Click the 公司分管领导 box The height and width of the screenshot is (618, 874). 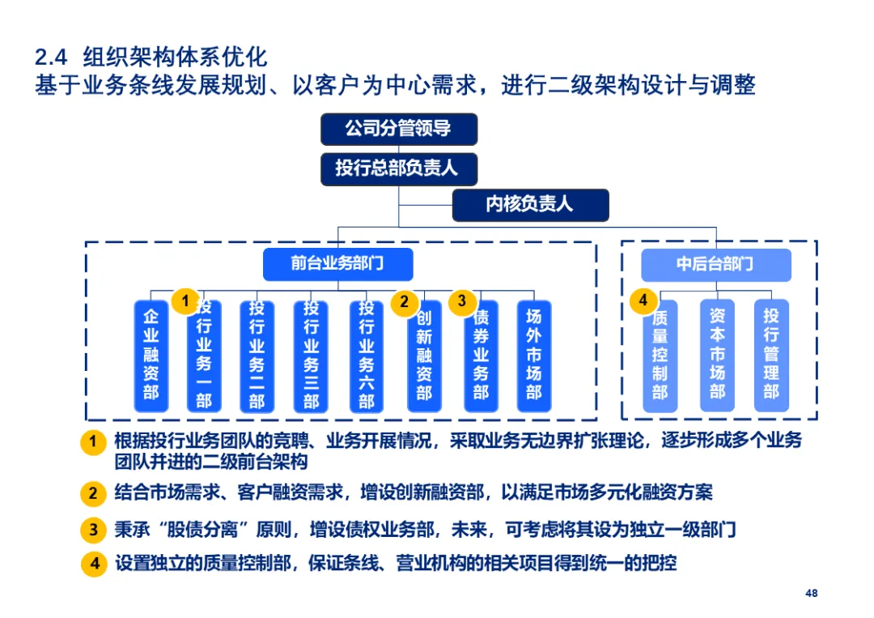coord(398,129)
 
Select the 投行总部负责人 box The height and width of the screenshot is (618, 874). coord(398,168)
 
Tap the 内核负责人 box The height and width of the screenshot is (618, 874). coord(529,205)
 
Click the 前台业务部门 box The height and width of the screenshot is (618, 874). coord(337,264)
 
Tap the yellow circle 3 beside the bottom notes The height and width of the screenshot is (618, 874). coord(93,531)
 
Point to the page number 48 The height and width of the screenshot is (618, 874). coord(811,593)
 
